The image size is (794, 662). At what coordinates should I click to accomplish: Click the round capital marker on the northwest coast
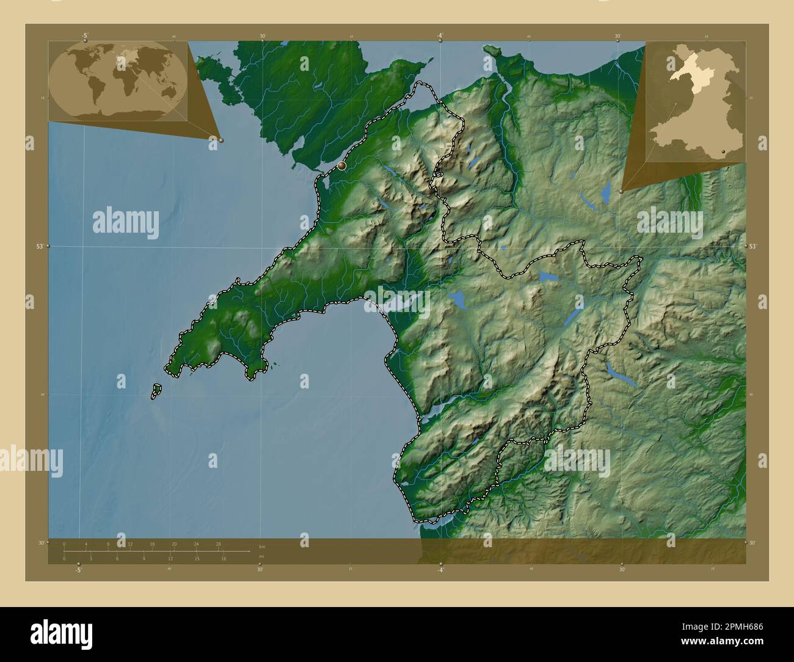click(x=341, y=165)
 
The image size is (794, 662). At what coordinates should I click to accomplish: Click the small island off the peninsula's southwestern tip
click(x=156, y=391)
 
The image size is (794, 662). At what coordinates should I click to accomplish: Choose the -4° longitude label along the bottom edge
click(x=440, y=570)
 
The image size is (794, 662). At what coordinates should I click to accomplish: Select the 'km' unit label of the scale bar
click(x=262, y=546)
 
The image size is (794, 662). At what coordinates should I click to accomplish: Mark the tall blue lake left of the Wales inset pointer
click(x=605, y=194)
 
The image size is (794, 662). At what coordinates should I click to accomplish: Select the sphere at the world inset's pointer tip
click(x=221, y=140)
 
